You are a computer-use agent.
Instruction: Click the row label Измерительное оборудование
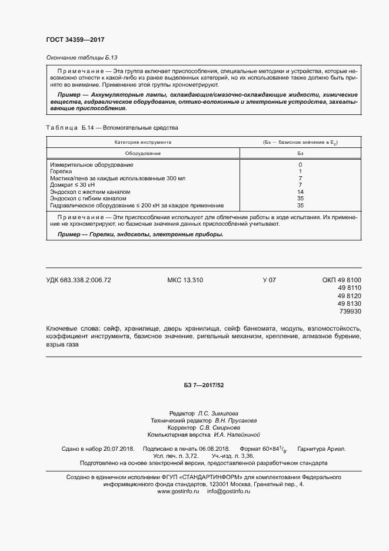click(92, 164)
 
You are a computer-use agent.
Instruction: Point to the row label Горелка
click(61, 171)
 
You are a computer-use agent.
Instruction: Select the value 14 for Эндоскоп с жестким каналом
click(300, 192)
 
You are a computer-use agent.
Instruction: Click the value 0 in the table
click(300, 164)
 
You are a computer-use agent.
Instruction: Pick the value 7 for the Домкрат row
click(300, 185)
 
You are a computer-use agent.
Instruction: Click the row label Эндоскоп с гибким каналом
click(88, 199)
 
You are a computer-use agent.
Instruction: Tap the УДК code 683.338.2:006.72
click(78, 281)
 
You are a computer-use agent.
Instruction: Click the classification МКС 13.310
click(185, 281)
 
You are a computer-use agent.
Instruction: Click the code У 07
click(269, 281)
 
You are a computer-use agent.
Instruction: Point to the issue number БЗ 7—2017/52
click(201, 385)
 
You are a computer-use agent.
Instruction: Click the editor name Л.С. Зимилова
click(218, 414)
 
